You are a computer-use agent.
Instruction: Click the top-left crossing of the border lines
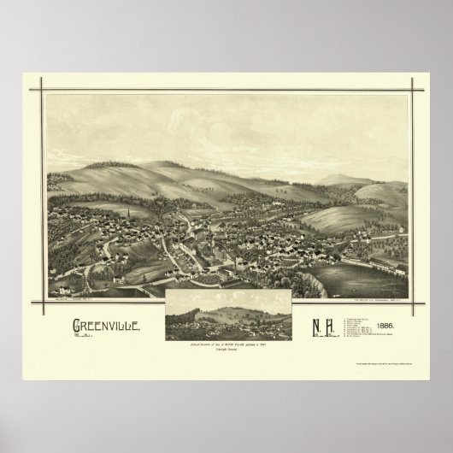click(x=38, y=87)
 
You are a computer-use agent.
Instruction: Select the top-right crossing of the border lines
click(x=414, y=87)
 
